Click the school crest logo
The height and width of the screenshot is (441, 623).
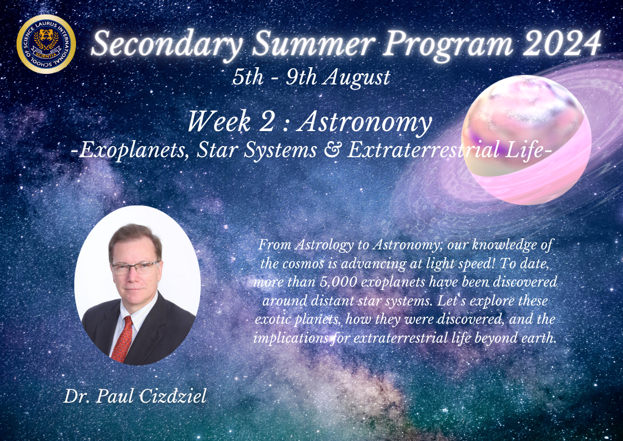46,44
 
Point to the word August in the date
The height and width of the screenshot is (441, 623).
356,78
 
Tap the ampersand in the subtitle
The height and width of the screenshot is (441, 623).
332,151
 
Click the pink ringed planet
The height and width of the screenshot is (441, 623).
526,139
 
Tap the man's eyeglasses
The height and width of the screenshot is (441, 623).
135,268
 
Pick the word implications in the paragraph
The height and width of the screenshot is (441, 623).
291,338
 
